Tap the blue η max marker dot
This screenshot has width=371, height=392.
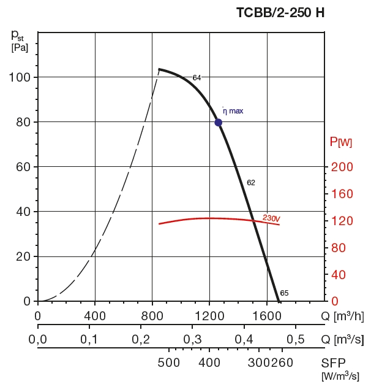(x=218, y=122)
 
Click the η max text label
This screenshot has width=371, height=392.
(x=233, y=111)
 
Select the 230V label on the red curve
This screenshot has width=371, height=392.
(x=271, y=218)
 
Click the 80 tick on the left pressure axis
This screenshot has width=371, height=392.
(x=23, y=122)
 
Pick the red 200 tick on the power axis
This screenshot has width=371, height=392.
(x=343, y=167)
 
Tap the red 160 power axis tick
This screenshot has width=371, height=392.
(x=343, y=194)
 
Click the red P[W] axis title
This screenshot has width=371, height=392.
(x=341, y=142)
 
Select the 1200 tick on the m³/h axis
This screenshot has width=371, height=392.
(x=210, y=317)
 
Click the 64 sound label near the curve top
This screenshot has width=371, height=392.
(x=197, y=78)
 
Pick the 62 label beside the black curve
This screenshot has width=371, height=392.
(x=251, y=183)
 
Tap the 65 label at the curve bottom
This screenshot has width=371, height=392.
(x=284, y=293)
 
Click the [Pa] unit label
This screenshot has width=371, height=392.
(x=20, y=48)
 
